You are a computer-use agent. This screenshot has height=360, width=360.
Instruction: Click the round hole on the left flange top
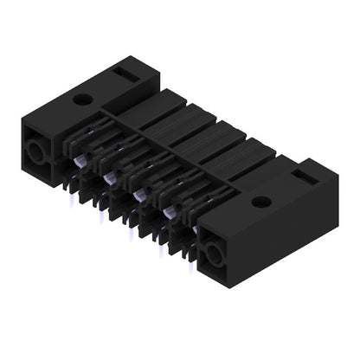[81, 100]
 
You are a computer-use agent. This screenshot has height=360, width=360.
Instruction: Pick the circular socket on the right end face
[212, 254]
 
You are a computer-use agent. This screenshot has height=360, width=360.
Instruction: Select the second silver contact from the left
[109, 177]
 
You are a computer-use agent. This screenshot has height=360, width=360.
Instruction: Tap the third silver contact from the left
[138, 196]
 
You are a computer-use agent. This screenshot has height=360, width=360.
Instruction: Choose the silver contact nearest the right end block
[167, 212]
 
